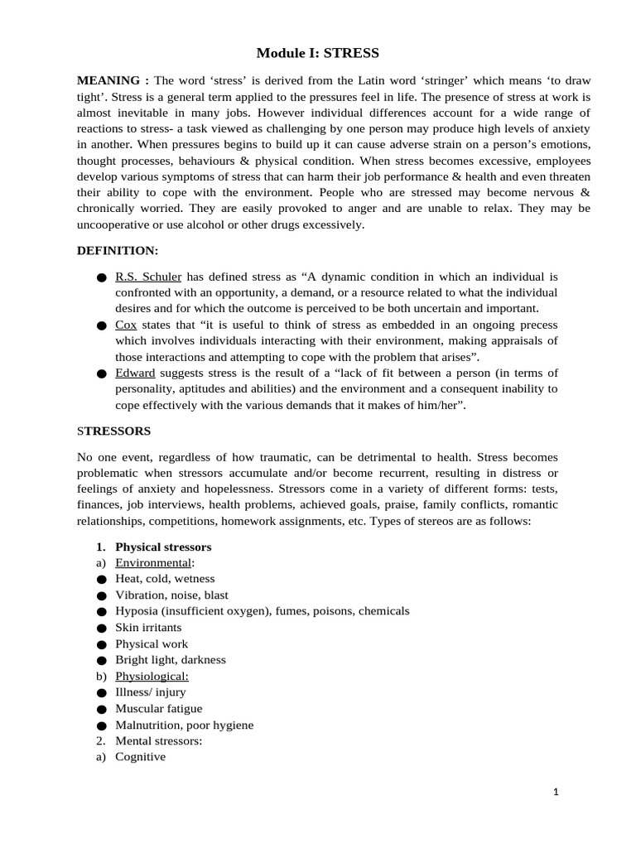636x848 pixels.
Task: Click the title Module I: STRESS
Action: (317, 53)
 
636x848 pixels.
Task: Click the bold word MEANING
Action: (108, 80)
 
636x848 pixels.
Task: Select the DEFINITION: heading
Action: (117, 249)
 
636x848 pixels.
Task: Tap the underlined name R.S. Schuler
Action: (147, 277)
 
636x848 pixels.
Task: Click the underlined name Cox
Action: (126, 325)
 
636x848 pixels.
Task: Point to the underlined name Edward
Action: (135, 373)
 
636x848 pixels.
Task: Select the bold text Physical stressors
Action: (163, 547)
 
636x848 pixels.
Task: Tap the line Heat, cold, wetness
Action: (165, 579)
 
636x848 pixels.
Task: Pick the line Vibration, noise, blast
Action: (171, 595)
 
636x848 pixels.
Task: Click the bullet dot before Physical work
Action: (101, 644)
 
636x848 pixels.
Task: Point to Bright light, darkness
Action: (170, 660)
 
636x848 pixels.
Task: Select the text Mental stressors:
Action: (158, 740)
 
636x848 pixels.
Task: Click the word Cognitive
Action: (140, 757)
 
